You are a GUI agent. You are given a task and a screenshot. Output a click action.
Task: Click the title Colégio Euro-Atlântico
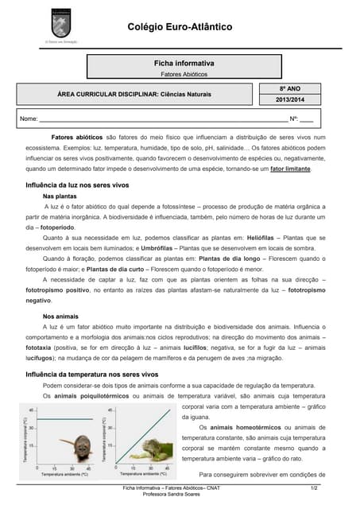tap(180, 27)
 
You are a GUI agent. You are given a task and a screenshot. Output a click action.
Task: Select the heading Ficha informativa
tap(184, 62)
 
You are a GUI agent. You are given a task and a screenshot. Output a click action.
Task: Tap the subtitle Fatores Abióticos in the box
tap(184, 73)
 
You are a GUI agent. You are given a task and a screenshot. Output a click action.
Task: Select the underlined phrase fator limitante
tap(291, 169)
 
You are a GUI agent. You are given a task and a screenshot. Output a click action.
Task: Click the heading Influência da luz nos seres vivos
tap(77, 185)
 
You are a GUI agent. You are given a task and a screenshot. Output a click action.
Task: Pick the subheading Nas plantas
tap(60, 195)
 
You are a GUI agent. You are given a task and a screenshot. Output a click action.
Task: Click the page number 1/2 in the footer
tap(314, 486)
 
